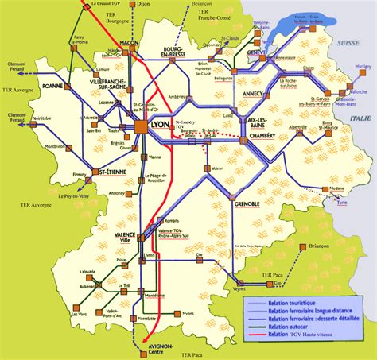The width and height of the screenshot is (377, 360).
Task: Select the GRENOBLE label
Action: coord(248,204)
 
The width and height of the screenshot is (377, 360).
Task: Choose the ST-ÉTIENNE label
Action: coord(109,171)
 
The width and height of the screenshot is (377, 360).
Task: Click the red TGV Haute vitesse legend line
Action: coord(255,332)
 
